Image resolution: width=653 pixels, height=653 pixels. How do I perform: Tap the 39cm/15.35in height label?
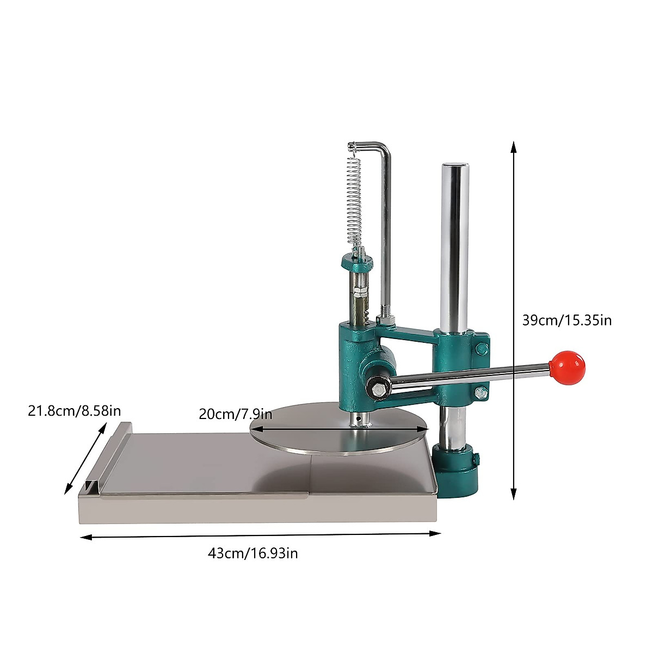tap(566, 320)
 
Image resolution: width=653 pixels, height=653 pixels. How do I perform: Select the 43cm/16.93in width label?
tap(252, 554)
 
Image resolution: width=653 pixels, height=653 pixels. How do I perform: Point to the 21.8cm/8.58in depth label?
tap(75, 410)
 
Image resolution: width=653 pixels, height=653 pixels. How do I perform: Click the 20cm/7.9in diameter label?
tap(235, 414)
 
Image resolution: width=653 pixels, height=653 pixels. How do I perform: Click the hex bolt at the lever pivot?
tap(378, 388)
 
